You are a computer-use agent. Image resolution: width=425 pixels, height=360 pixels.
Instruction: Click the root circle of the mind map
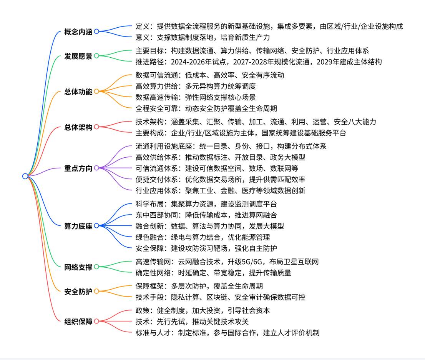point(25,176)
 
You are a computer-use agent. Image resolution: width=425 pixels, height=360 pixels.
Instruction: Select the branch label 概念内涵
point(78,32)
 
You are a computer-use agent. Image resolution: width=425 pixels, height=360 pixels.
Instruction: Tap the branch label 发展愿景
point(78,56)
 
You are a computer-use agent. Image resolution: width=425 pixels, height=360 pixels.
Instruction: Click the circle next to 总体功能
point(96,92)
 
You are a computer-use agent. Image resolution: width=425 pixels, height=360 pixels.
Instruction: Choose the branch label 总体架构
point(78,127)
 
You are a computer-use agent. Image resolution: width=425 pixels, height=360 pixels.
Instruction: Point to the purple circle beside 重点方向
point(96,168)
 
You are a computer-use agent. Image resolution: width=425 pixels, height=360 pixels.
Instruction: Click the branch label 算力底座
point(78,226)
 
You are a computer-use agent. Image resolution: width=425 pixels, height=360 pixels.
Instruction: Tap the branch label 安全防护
point(78,292)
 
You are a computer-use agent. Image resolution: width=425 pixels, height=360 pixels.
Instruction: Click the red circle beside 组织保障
point(96,321)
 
